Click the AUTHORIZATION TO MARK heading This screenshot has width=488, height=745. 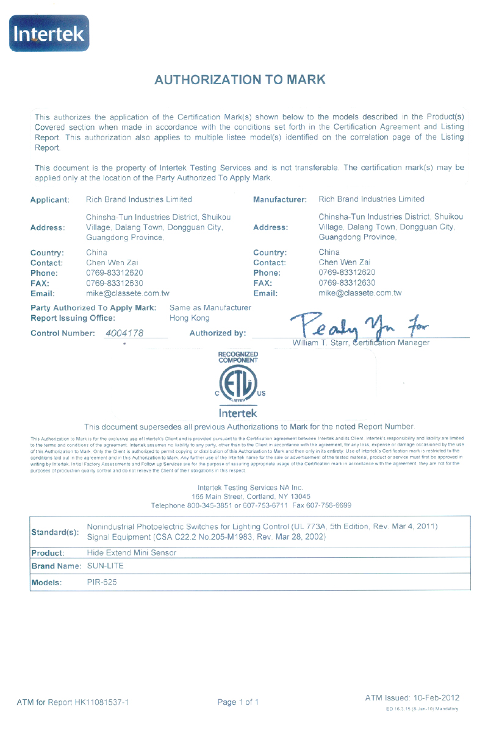click(240, 80)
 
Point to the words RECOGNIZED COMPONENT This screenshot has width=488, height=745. click(238, 357)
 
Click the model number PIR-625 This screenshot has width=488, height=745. click(102, 582)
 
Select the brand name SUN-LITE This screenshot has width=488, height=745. click(106, 566)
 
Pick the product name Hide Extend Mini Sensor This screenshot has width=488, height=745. click(132, 553)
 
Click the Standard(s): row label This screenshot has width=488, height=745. click(55, 532)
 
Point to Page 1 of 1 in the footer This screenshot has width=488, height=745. click(238, 702)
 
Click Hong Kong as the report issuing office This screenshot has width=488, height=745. click(190, 318)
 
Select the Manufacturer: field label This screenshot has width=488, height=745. click(279, 200)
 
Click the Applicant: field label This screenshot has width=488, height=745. click(50, 200)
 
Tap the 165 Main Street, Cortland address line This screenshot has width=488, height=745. click(251, 496)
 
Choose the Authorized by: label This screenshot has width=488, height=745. click(218, 333)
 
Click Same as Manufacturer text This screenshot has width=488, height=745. click(210, 308)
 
